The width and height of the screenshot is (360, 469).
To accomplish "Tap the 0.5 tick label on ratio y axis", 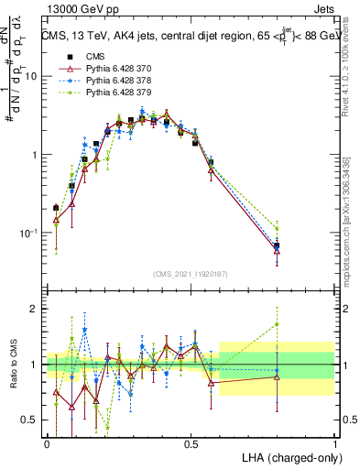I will click(x=29, y=420).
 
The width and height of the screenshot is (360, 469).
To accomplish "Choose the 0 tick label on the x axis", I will click(x=47, y=443).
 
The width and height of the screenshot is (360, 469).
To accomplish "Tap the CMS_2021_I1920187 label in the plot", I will click(x=191, y=275).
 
